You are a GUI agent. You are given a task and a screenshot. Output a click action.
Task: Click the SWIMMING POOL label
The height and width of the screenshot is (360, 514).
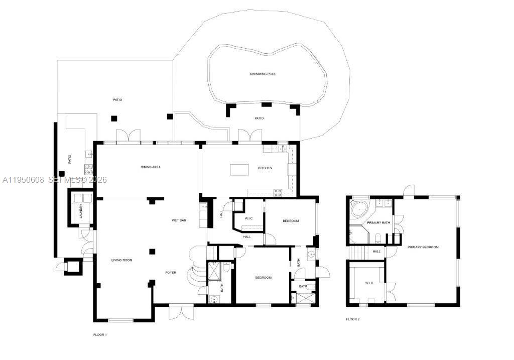[x=263, y=74]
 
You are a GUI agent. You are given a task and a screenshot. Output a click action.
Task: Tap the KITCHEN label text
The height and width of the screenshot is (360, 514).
[x=265, y=168]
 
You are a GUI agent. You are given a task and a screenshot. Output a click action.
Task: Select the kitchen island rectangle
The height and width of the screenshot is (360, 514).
[x=239, y=170]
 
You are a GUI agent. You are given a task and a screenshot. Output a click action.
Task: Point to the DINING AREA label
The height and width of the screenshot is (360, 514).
[x=150, y=167]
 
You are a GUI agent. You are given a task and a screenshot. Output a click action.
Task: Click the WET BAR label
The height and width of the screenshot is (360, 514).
[x=179, y=220]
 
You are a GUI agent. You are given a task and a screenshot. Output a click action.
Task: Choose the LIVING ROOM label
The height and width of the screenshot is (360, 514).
[x=121, y=260]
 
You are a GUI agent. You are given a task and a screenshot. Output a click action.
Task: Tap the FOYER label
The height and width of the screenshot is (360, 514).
[x=171, y=273]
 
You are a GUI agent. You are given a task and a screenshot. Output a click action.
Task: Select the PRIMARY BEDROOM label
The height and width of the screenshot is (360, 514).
[x=423, y=247]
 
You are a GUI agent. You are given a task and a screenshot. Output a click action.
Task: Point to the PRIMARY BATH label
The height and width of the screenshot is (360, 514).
[x=378, y=222]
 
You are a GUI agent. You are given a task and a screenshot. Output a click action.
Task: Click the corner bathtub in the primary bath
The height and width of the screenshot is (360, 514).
[x=359, y=208]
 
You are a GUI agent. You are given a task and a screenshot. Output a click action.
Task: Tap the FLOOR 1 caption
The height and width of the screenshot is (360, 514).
[x=100, y=334]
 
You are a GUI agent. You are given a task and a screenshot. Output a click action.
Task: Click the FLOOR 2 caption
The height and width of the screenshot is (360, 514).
[x=353, y=319]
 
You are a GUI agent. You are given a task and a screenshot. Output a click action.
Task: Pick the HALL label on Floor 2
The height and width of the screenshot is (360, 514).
[x=376, y=252]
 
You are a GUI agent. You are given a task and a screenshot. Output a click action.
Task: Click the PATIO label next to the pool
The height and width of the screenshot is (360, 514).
[x=259, y=118]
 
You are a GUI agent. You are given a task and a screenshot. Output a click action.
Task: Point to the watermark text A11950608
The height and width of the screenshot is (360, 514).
[x=23, y=179]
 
